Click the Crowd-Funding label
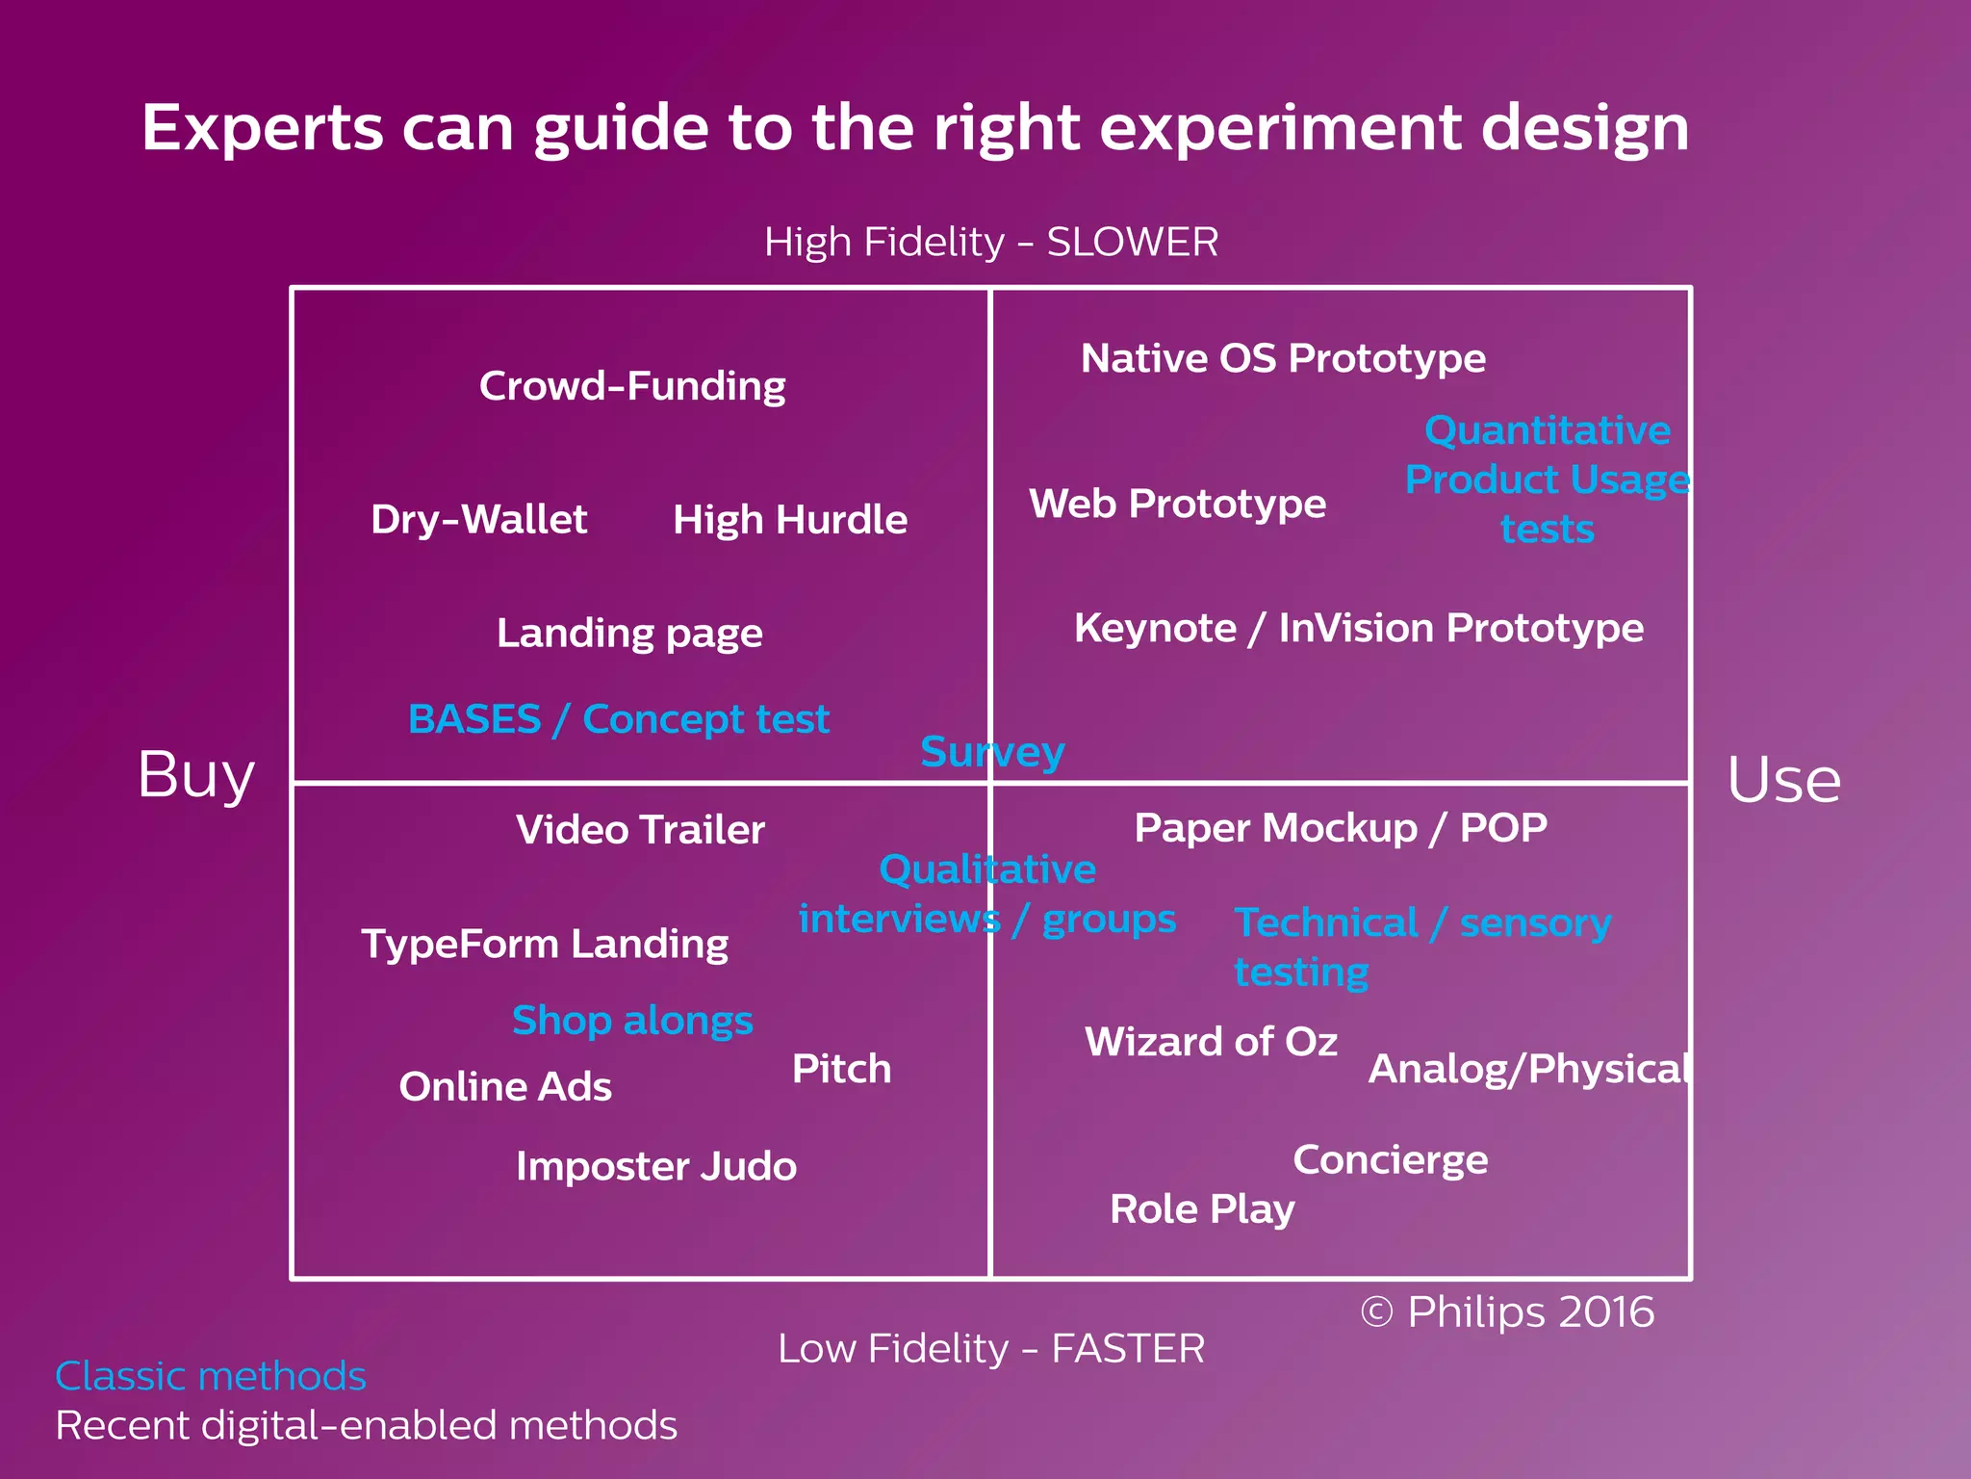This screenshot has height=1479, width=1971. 632,386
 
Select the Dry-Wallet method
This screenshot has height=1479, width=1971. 478,520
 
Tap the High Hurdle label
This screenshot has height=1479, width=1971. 790,520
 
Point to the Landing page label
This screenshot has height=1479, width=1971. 629,634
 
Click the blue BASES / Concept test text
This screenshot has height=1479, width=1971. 619,719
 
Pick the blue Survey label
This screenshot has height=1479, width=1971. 992,752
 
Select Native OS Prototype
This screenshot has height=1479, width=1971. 1283,358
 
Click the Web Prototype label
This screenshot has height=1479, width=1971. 1177,504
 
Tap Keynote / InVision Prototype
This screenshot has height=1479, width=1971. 1358,628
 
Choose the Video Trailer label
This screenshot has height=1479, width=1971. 640,830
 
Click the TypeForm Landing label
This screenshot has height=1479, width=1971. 545,944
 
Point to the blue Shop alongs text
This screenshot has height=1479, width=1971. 632,1021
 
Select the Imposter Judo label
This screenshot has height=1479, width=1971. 656,1166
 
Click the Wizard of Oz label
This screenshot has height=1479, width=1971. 1211,1042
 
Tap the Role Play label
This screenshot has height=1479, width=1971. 1202,1209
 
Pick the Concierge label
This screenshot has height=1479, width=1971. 1390,1160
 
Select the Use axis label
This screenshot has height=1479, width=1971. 1783,780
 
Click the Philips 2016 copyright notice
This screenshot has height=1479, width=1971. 1507,1312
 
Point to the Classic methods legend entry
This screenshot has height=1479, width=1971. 211,1376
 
